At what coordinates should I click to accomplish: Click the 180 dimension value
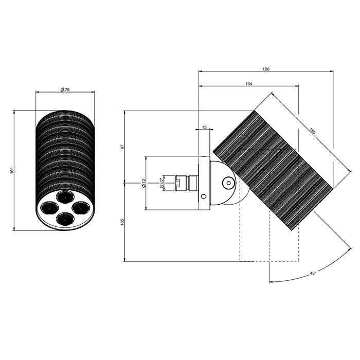[266, 69]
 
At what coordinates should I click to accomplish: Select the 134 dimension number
[248, 84]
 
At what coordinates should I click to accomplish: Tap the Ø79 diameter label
[65, 90]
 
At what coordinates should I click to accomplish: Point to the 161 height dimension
[12, 170]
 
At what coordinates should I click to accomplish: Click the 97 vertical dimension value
[122, 147]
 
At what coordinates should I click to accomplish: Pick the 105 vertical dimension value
[122, 222]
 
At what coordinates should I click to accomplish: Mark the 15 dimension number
[204, 127]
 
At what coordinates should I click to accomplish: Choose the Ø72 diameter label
[143, 183]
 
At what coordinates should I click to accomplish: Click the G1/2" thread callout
[161, 183]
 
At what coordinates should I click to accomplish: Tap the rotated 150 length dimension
[313, 131]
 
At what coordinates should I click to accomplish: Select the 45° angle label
[313, 273]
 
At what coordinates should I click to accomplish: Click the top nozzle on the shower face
[65, 196]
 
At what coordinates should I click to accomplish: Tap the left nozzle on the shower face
[49, 207]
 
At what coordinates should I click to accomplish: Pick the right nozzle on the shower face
[81, 207]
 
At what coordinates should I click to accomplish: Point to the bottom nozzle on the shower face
[65, 218]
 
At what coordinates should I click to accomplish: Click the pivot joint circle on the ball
[228, 183]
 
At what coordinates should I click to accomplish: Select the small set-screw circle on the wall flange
[204, 196]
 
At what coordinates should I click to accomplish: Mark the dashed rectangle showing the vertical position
[269, 205]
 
